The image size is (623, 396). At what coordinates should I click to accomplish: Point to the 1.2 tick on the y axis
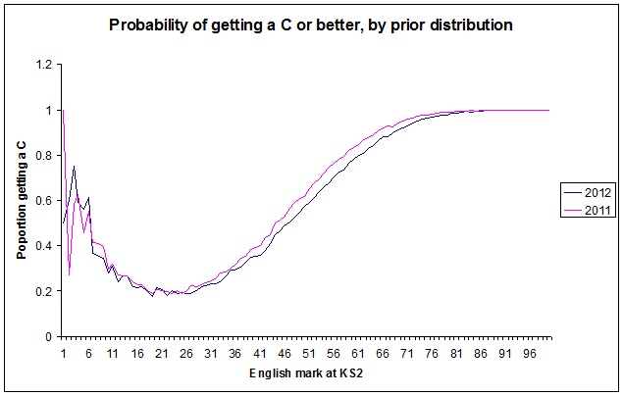(44, 66)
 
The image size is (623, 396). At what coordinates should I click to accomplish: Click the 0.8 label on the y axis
(44, 156)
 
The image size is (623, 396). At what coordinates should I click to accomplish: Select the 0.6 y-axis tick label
(44, 201)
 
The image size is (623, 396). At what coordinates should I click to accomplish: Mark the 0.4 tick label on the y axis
(44, 246)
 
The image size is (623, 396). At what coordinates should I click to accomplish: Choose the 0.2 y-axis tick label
(44, 291)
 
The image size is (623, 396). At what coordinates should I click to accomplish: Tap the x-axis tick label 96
(525, 353)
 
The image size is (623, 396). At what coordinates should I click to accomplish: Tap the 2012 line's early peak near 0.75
(74, 167)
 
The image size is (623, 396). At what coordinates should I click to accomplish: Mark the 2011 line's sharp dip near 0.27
(69, 275)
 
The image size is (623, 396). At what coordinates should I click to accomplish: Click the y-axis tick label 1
(49, 111)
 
